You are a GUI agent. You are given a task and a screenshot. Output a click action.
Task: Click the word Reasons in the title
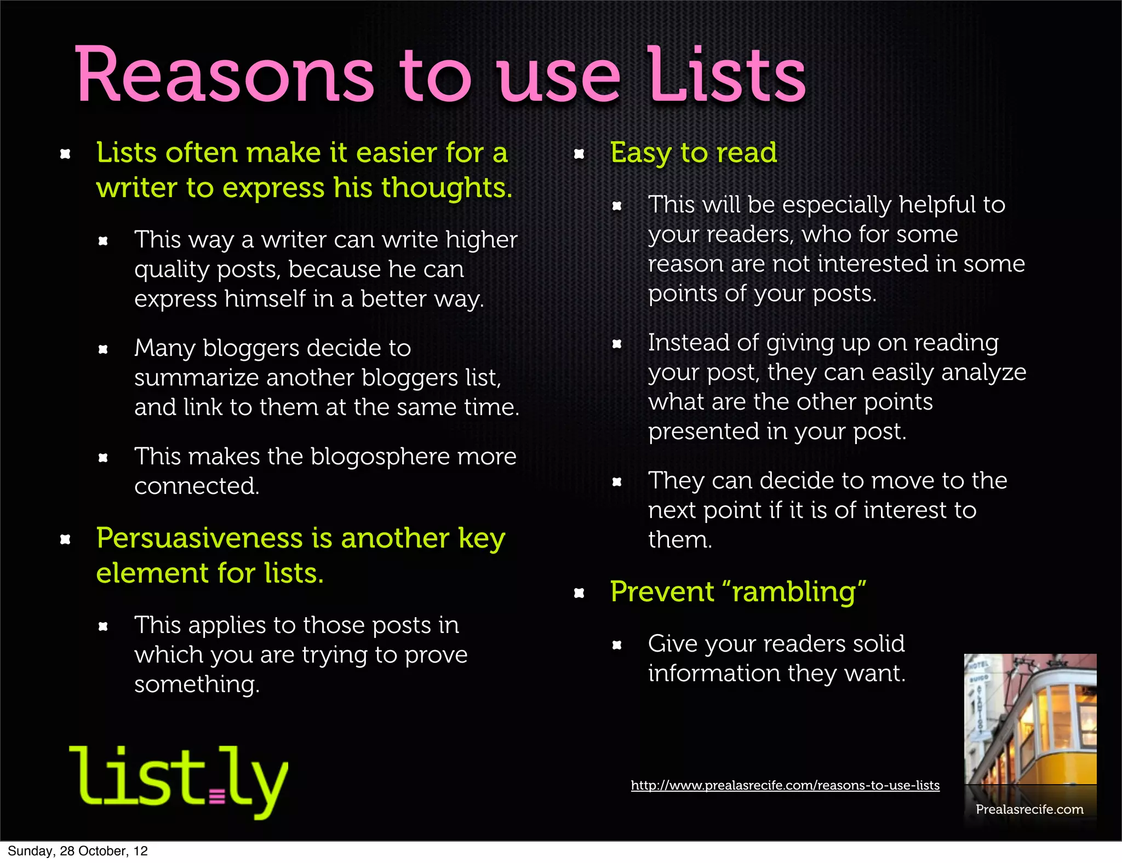click(224, 75)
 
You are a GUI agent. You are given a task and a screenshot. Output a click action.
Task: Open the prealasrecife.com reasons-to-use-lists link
click(785, 786)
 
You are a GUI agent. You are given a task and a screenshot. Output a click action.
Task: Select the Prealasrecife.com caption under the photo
click(1029, 809)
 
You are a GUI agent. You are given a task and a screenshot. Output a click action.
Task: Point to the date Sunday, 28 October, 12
click(78, 851)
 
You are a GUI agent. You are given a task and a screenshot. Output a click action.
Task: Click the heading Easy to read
click(693, 153)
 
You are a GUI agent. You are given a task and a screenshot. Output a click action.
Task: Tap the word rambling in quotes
click(794, 592)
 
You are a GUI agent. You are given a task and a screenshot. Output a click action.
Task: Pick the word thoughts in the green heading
click(446, 188)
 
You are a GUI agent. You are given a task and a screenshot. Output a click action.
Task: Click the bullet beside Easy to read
click(579, 154)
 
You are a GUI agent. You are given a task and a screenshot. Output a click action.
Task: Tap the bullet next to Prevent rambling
click(579, 593)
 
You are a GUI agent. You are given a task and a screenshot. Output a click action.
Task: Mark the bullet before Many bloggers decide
click(103, 349)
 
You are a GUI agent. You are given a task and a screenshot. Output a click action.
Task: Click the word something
click(196, 685)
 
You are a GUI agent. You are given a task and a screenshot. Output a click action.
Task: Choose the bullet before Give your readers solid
click(617, 645)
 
